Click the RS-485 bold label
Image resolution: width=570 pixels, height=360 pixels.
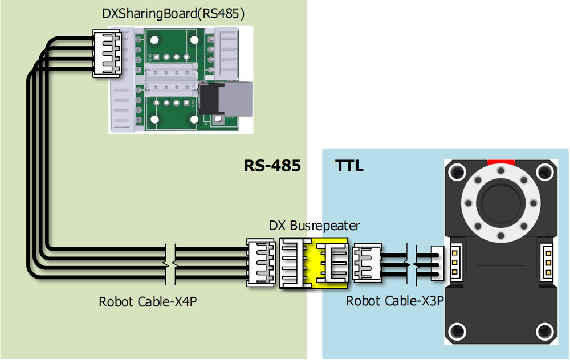coord(272,166)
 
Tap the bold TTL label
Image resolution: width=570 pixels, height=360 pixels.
coord(349,166)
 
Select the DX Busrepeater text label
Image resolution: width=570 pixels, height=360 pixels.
coord(315,226)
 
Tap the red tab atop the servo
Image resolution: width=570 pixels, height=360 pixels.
coord(500,162)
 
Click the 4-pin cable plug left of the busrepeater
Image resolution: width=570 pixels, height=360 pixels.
coord(262,263)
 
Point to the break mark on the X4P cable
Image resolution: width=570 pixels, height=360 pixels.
coord(170,264)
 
